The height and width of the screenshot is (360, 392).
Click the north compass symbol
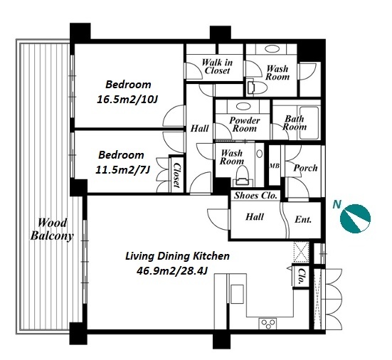click(x=355, y=218)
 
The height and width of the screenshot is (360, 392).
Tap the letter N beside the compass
click(x=337, y=205)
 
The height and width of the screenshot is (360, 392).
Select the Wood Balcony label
click(x=52, y=229)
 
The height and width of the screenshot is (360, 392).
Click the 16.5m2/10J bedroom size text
click(x=127, y=100)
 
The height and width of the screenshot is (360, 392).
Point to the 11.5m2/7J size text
click(x=122, y=170)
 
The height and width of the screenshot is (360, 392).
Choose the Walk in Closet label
click(x=217, y=66)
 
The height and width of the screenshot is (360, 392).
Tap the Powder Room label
click(x=244, y=125)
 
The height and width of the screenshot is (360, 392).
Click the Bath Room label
click(x=295, y=123)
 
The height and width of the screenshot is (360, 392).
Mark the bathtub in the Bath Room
click(x=309, y=123)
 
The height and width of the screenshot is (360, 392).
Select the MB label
click(x=274, y=166)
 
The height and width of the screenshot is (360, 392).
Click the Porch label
click(x=305, y=168)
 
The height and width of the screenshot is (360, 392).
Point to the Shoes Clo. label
click(x=255, y=195)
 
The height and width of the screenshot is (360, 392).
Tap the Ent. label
click(x=303, y=220)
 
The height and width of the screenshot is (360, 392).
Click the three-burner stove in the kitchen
click(x=268, y=324)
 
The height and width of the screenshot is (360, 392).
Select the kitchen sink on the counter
click(x=237, y=294)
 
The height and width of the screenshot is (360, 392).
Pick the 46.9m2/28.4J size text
click(x=172, y=270)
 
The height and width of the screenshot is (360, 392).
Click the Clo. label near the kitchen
click(x=302, y=277)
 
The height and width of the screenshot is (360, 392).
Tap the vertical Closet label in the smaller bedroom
click(x=177, y=175)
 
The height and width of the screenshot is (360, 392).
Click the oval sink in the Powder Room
click(x=243, y=106)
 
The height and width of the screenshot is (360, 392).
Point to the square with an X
click(x=302, y=252)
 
